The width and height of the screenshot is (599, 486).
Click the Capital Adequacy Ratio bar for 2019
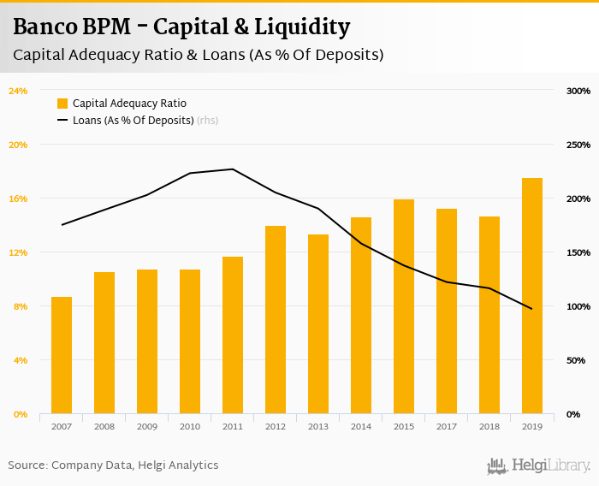pyautogui.click(x=532, y=296)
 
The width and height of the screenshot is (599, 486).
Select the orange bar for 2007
pyautogui.click(x=62, y=355)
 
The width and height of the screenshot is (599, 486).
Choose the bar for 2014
pyautogui.click(x=361, y=316)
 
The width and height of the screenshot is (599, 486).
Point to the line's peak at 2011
pyautogui.click(x=233, y=169)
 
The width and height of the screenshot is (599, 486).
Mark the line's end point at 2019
pyautogui.click(x=532, y=309)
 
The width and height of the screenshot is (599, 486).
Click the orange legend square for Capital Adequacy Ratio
pyautogui.click(x=62, y=104)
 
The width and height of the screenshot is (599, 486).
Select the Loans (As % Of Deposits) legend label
pyautogui.click(x=133, y=121)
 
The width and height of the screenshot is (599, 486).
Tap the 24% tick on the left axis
pyautogui.click(x=18, y=91)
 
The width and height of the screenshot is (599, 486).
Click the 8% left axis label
pyautogui.click(x=21, y=306)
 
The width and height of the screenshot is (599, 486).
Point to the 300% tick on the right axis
pyautogui.click(x=578, y=91)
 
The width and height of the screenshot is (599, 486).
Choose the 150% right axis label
pyautogui.click(x=578, y=252)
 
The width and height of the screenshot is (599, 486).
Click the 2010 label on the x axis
pyautogui.click(x=190, y=426)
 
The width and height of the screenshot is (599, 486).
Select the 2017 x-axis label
pyautogui.click(x=447, y=426)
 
